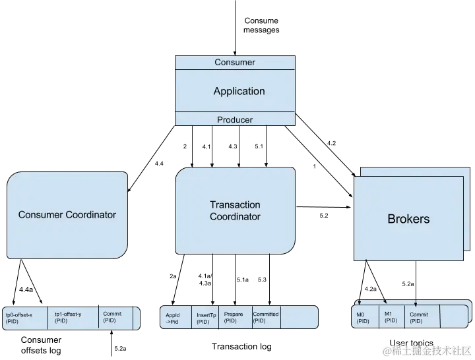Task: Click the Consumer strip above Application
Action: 235,63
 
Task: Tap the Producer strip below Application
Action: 235,120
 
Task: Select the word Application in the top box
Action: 239,91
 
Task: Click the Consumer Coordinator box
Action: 67,215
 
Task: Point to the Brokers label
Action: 408,219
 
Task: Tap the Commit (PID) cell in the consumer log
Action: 115,317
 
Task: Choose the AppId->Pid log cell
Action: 175,318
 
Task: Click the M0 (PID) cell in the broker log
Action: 364,318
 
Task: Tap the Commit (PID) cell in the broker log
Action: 420,317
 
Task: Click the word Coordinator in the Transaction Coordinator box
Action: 235,217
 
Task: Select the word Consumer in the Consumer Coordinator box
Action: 40,215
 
